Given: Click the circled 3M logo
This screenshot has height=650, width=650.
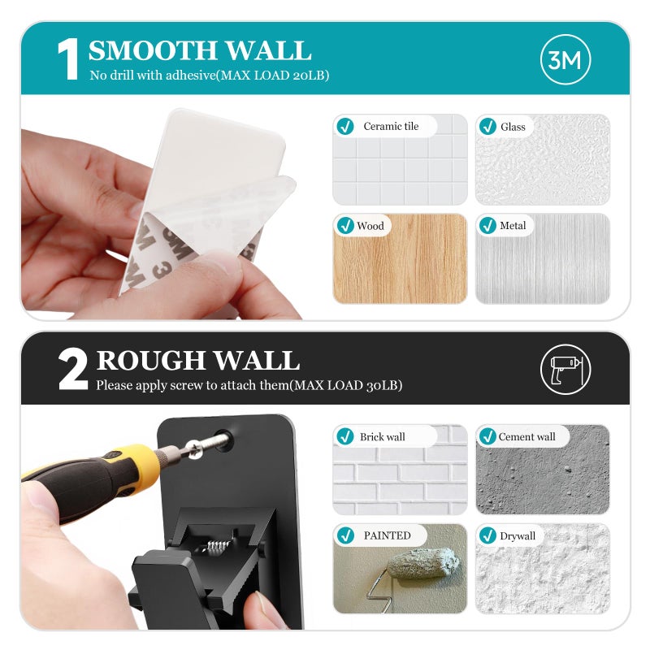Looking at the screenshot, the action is click(565, 59).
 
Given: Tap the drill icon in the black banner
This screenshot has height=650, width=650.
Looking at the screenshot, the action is click(565, 369).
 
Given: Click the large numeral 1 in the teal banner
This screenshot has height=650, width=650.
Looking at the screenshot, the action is click(68, 58).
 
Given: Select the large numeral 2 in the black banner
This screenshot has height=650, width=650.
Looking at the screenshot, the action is click(73, 369).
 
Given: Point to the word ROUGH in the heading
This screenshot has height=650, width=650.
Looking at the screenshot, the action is click(151, 360).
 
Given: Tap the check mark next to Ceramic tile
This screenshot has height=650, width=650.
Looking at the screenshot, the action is click(345, 126).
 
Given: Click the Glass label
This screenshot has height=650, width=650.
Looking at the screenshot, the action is click(513, 127).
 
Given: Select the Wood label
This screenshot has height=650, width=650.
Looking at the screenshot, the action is click(370, 226).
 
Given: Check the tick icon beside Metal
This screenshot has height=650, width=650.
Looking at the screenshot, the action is click(487, 226).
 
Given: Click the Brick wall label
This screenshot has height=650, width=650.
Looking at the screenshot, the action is click(382, 436).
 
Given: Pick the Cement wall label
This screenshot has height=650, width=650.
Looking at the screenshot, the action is click(526, 436).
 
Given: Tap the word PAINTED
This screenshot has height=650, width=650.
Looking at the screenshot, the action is click(388, 535).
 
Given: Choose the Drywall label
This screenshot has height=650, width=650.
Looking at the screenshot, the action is click(518, 536).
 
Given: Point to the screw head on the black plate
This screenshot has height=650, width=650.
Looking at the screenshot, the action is click(194, 449).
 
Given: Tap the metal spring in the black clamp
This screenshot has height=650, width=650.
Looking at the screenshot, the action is click(215, 547).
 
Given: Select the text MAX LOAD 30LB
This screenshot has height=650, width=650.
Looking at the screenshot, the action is click(346, 385).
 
